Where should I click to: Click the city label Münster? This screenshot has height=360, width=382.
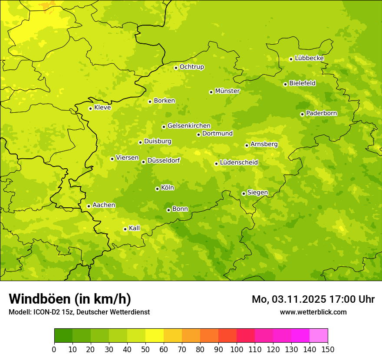[227, 91]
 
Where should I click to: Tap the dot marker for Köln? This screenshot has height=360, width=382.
[157, 189]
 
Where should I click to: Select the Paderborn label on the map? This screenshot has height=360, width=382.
[321, 113]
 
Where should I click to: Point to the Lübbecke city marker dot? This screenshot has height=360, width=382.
[291, 59]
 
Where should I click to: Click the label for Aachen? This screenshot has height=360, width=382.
[104, 205]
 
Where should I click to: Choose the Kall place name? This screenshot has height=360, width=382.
[135, 228]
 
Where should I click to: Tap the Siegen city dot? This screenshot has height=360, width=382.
[244, 193]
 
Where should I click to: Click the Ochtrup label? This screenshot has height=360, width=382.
[191, 67]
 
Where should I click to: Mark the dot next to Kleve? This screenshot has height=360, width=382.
[90, 108]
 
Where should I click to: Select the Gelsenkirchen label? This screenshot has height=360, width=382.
[189, 126]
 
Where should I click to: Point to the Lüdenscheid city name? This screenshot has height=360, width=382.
[239, 163]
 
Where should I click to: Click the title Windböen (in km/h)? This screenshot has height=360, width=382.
[70, 299]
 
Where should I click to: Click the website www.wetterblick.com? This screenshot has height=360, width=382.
[313, 312]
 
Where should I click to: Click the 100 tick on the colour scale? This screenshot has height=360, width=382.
[237, 349]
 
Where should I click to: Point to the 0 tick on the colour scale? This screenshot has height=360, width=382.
[54, 349]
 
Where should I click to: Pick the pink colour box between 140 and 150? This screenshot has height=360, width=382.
[319, 336]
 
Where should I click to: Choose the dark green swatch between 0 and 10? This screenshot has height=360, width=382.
[63, 336]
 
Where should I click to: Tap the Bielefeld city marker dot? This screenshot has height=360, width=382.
[285, 84]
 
